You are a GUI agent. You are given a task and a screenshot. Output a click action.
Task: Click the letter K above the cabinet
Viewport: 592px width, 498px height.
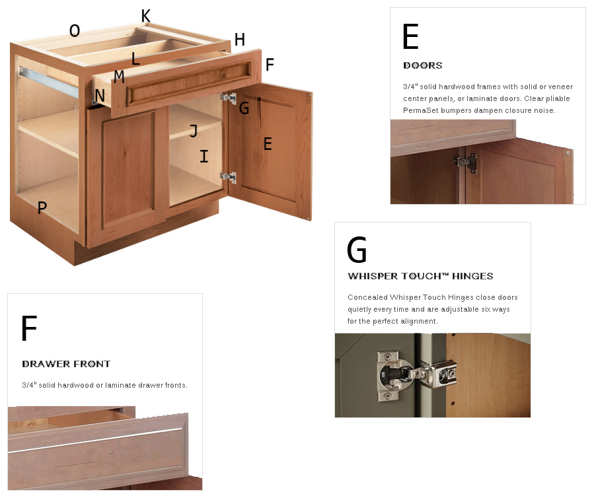click(146, 16)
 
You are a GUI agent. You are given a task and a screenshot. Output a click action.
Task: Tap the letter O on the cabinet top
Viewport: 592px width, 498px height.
click(75, 30)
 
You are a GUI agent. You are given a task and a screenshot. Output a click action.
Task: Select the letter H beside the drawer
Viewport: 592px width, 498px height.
click(240, 39)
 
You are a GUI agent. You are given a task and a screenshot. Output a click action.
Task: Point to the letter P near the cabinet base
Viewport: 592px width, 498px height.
click(42, 207)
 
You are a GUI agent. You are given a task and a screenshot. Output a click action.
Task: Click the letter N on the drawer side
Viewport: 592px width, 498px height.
click(100, 96)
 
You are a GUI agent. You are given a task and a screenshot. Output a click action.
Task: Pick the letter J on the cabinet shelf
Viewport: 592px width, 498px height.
click(194, 131)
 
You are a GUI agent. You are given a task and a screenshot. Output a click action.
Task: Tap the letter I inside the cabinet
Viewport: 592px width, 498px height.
click(204, 156)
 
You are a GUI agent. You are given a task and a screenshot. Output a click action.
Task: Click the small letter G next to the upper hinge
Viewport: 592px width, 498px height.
click(244, 108)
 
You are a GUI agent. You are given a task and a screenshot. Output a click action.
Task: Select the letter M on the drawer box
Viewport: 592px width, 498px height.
click(119, 76)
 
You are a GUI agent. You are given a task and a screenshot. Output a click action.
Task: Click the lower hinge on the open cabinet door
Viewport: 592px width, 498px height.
click(229, 177)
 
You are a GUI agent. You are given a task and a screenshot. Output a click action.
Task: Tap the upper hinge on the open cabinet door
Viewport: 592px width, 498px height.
click(229, 98)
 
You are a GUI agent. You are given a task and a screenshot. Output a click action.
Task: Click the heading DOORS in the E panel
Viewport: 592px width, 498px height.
click(422, 65)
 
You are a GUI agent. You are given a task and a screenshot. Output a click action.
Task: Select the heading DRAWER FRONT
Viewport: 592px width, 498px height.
click(66, 364)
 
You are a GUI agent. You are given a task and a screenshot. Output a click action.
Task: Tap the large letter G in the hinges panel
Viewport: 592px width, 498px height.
click(357, 250)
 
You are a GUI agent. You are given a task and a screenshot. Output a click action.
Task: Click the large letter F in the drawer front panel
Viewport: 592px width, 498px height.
click(29, 328)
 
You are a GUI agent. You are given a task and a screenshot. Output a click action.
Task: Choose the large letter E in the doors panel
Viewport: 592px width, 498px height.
click(411, 36)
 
